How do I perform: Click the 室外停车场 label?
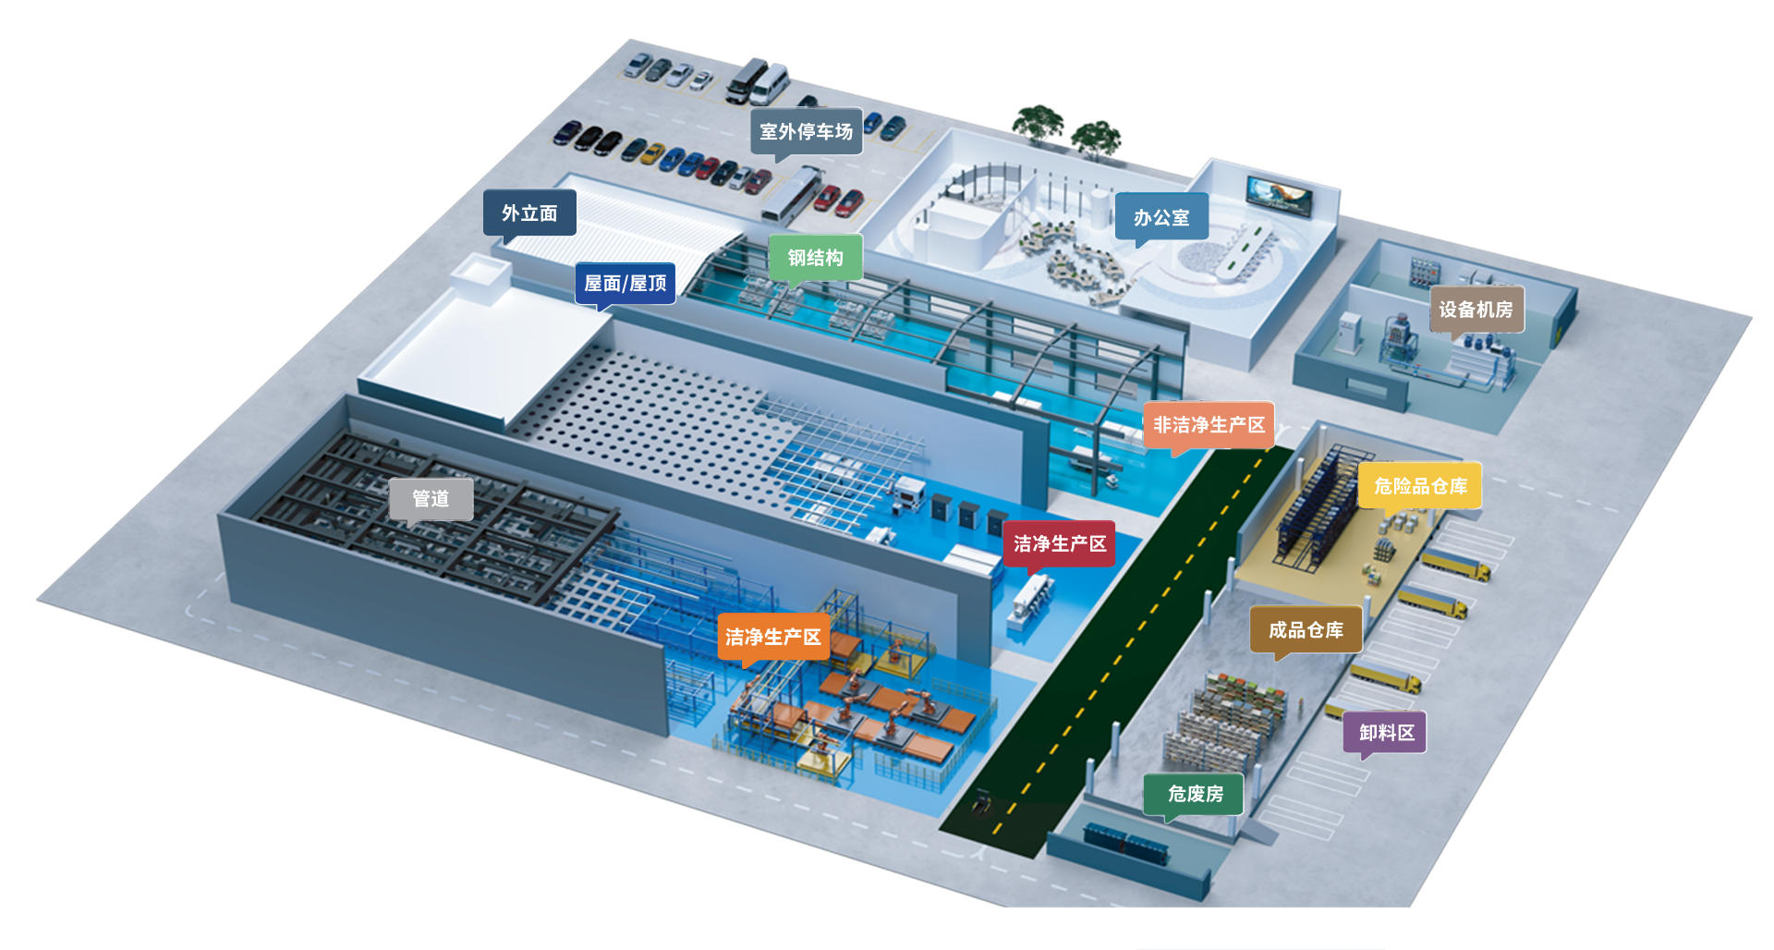[806, 131]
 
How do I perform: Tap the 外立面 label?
[529, 213]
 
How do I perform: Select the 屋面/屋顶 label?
[625, 283]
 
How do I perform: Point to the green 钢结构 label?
[815, 258]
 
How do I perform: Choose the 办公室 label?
[1161, 217]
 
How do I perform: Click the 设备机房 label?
[1476, 310]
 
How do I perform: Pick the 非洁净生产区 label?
[1209, 425]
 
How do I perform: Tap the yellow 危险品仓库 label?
[1420, 486]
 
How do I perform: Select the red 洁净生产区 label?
[1060, 543]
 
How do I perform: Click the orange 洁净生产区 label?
[773, 637]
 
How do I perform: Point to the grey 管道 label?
[431, 499]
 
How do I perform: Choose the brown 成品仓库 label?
[1306, 630]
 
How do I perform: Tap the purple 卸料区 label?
[1386, 733]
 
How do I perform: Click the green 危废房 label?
[1195, 794]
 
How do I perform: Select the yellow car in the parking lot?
[653, 153]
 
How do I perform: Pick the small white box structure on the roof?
[480, 275]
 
